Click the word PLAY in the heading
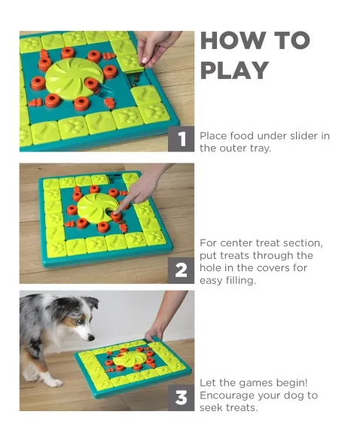234,71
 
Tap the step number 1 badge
181,139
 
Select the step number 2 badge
181,270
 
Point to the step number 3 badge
181,398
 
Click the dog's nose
91,337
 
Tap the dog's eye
81,320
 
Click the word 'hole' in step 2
211,268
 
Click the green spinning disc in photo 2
96,208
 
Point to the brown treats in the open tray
136,78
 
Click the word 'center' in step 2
248,243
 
